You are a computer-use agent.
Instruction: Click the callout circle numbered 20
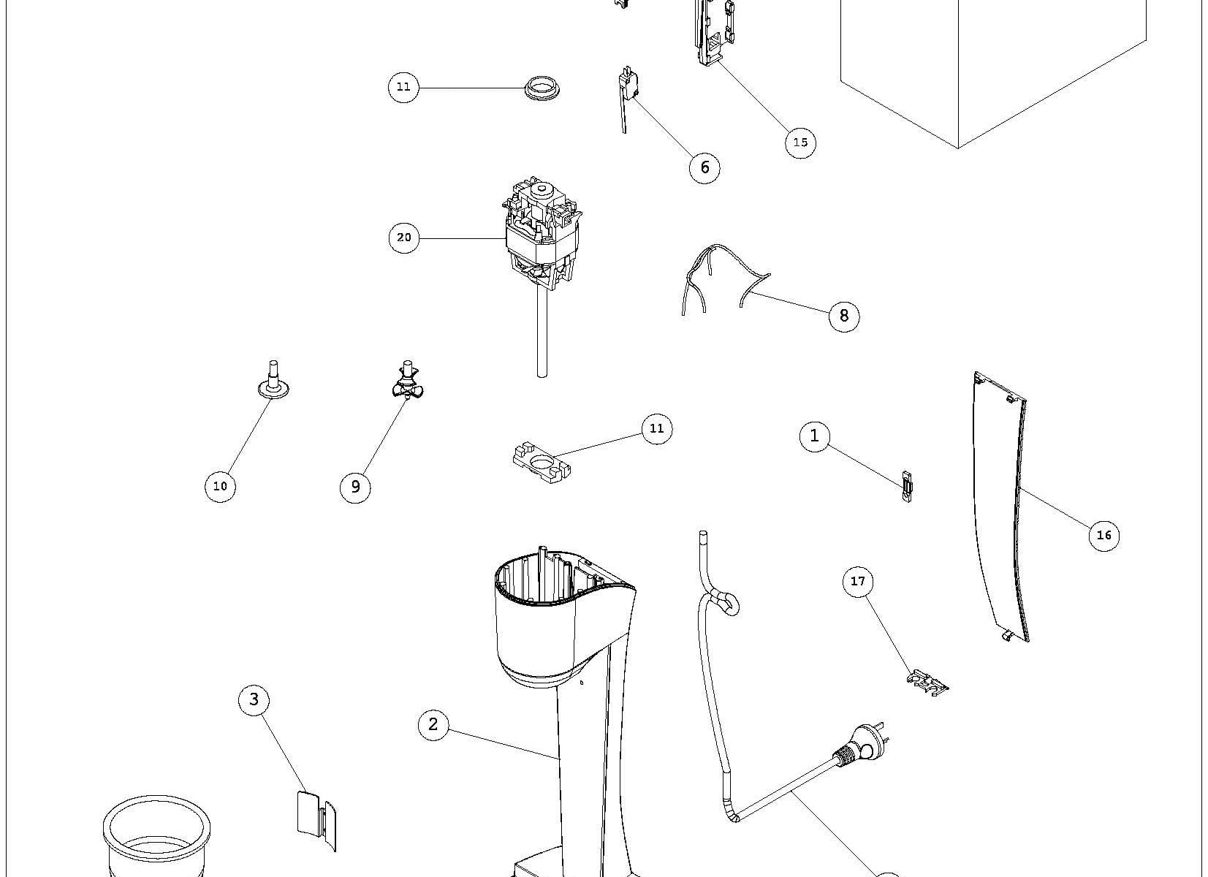coord(404,238)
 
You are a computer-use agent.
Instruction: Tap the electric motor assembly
coord(542,234)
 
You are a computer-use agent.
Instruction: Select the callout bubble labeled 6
coord(704,167)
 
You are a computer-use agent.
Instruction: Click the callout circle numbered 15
coord(800,142)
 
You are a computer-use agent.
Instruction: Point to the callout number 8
coord(844,315)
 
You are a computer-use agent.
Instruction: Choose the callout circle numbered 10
coord(220,486)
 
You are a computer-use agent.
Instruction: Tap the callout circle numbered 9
coord(355,487)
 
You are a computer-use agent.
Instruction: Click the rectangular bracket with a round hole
coord(542,463)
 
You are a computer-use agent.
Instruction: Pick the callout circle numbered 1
coord(815,436)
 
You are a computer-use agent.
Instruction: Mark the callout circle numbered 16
coord(1103,535)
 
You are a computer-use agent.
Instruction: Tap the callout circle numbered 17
coord(858,581)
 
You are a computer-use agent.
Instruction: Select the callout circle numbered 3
coord(254,699)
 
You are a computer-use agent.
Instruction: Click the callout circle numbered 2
coord(433,724)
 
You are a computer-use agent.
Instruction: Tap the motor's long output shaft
coord(542,336)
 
